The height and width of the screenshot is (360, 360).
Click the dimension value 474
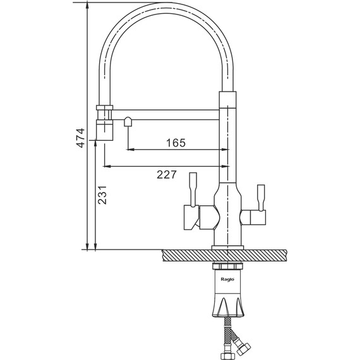coord(81,138)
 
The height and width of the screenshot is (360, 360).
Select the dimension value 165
coord(176,143)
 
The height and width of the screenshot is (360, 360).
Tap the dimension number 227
coord(167,174)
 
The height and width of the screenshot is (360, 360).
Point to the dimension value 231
coord(102,195)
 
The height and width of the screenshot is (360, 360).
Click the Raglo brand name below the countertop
coord(227,279)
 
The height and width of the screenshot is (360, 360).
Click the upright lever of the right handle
coord(261,198)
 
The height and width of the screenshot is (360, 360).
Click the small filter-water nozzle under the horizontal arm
coord(128,121)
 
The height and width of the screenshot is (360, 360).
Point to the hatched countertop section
coord(224,256)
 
